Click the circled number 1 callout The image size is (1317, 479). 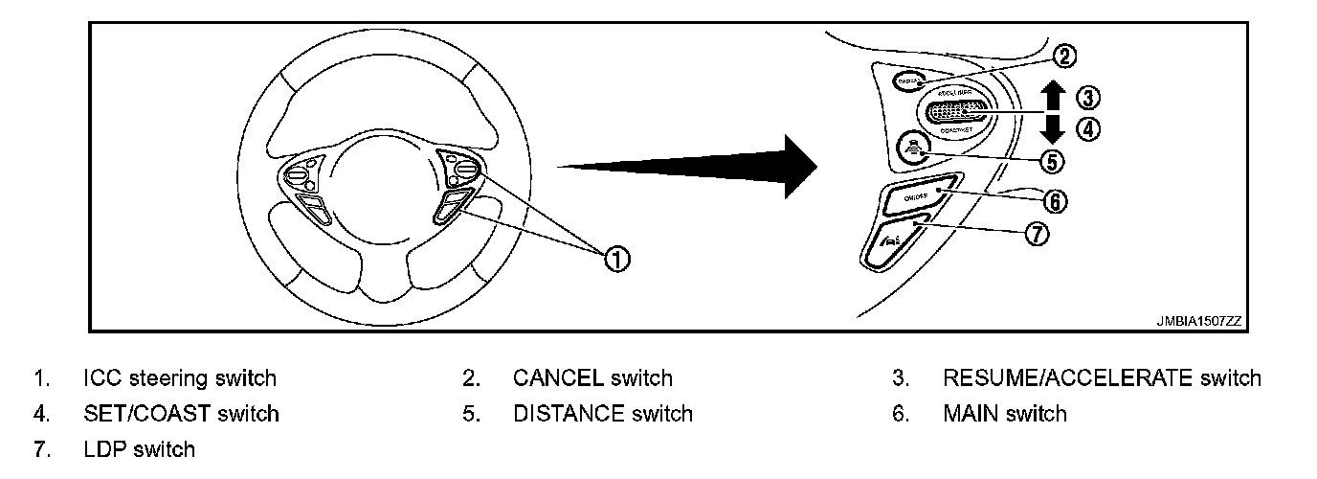[618, 257]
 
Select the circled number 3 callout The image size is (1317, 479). [1088, 97]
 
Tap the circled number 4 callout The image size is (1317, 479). [1088, 128]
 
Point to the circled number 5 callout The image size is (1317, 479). [1052, 162]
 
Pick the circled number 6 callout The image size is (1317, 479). [1053, 201]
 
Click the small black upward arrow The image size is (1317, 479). [1051, 97]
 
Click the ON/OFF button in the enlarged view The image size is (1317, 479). [917, 196]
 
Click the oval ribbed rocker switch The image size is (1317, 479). [958, 112]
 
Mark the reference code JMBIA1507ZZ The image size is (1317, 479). [1198, 322]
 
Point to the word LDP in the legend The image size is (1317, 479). [105, 449]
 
